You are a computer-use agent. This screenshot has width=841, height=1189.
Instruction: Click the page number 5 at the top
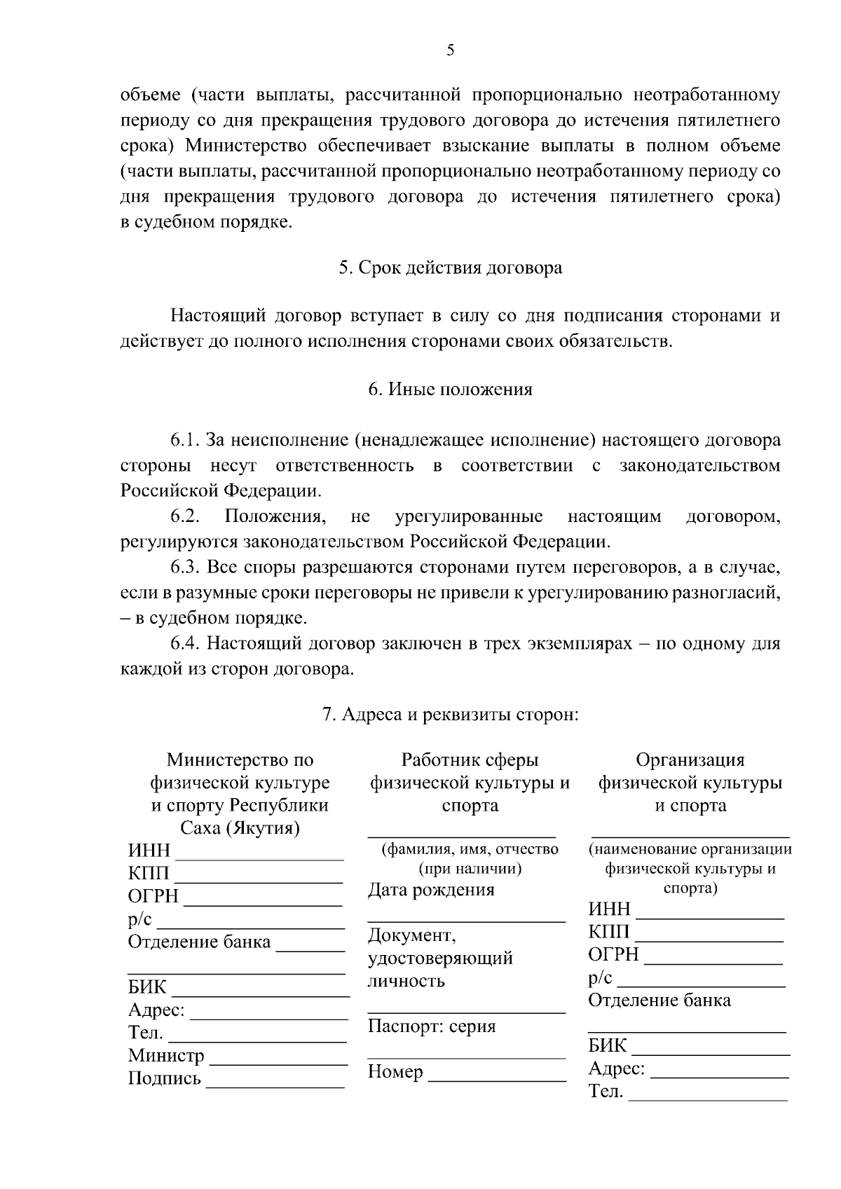pos(450,50)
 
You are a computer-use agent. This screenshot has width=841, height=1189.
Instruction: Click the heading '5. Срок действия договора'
pos(450,268)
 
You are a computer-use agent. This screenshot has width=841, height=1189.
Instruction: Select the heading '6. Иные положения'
pos(450,389)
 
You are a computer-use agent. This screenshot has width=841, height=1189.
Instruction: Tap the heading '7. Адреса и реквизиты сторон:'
pos(450,715)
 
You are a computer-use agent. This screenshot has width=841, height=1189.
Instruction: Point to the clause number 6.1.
pos(185,441)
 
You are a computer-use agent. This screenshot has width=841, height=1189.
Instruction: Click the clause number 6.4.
pos(185,643)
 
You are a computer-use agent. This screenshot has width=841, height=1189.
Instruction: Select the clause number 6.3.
pos(185,567)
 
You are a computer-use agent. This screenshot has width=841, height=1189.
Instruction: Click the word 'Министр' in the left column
pos(166,1055)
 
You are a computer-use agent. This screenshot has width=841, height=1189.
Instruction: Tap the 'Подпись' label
pos(164,1078)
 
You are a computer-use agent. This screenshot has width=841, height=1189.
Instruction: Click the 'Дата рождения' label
pos(431,890)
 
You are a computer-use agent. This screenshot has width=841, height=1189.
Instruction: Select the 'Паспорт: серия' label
pos(432,1026)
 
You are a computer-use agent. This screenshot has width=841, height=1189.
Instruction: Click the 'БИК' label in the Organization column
pos(607,1046)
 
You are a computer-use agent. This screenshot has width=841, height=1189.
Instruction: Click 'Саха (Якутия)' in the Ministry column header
pos(240,829)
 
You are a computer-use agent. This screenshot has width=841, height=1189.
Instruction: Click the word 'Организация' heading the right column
pos(690,760)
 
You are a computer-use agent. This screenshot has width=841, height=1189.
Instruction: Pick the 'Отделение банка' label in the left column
pos(199,942)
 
